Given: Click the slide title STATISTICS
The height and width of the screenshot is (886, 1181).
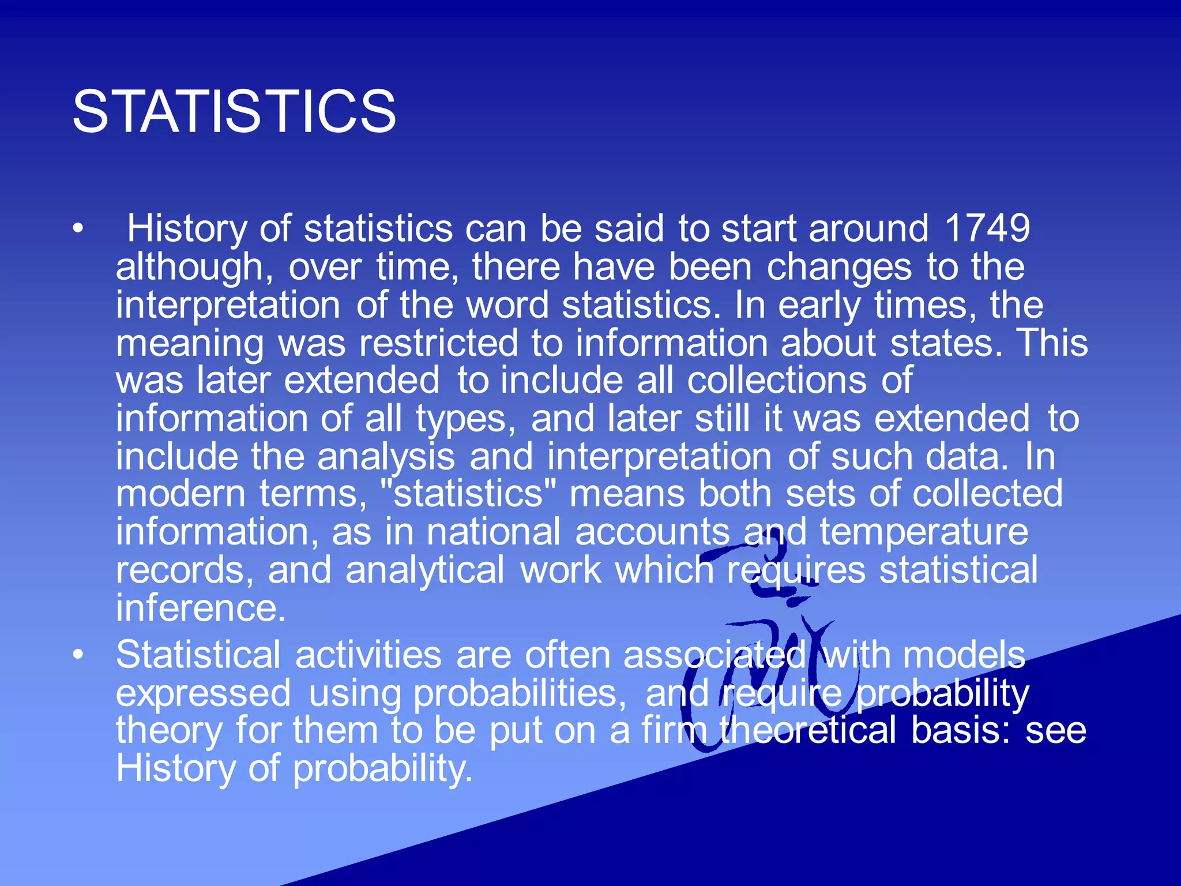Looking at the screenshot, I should tap(234, 111).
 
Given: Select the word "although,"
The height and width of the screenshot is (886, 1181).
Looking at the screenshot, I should tap(195, 268).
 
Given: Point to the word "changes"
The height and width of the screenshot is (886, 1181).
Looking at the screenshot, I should tap(839, 268).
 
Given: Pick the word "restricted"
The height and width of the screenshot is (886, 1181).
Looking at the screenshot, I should tap(439, 343).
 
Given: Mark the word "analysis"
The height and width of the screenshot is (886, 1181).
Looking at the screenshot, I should tap(386, 457).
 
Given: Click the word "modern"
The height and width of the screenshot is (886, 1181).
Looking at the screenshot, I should tap(181, 494).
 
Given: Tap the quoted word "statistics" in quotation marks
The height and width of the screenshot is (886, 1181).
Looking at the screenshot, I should tap(468, 494).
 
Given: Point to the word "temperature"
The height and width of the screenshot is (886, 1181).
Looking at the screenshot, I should tap(924, 532).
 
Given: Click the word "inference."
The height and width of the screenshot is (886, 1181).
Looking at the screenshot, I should tap(201, 608).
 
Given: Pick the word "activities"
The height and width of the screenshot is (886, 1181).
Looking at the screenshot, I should tap(368, 656).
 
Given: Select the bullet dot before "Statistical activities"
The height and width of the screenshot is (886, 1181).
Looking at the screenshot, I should tap(78, 655).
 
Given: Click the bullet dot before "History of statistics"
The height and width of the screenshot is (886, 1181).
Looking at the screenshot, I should tap(78, 228).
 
